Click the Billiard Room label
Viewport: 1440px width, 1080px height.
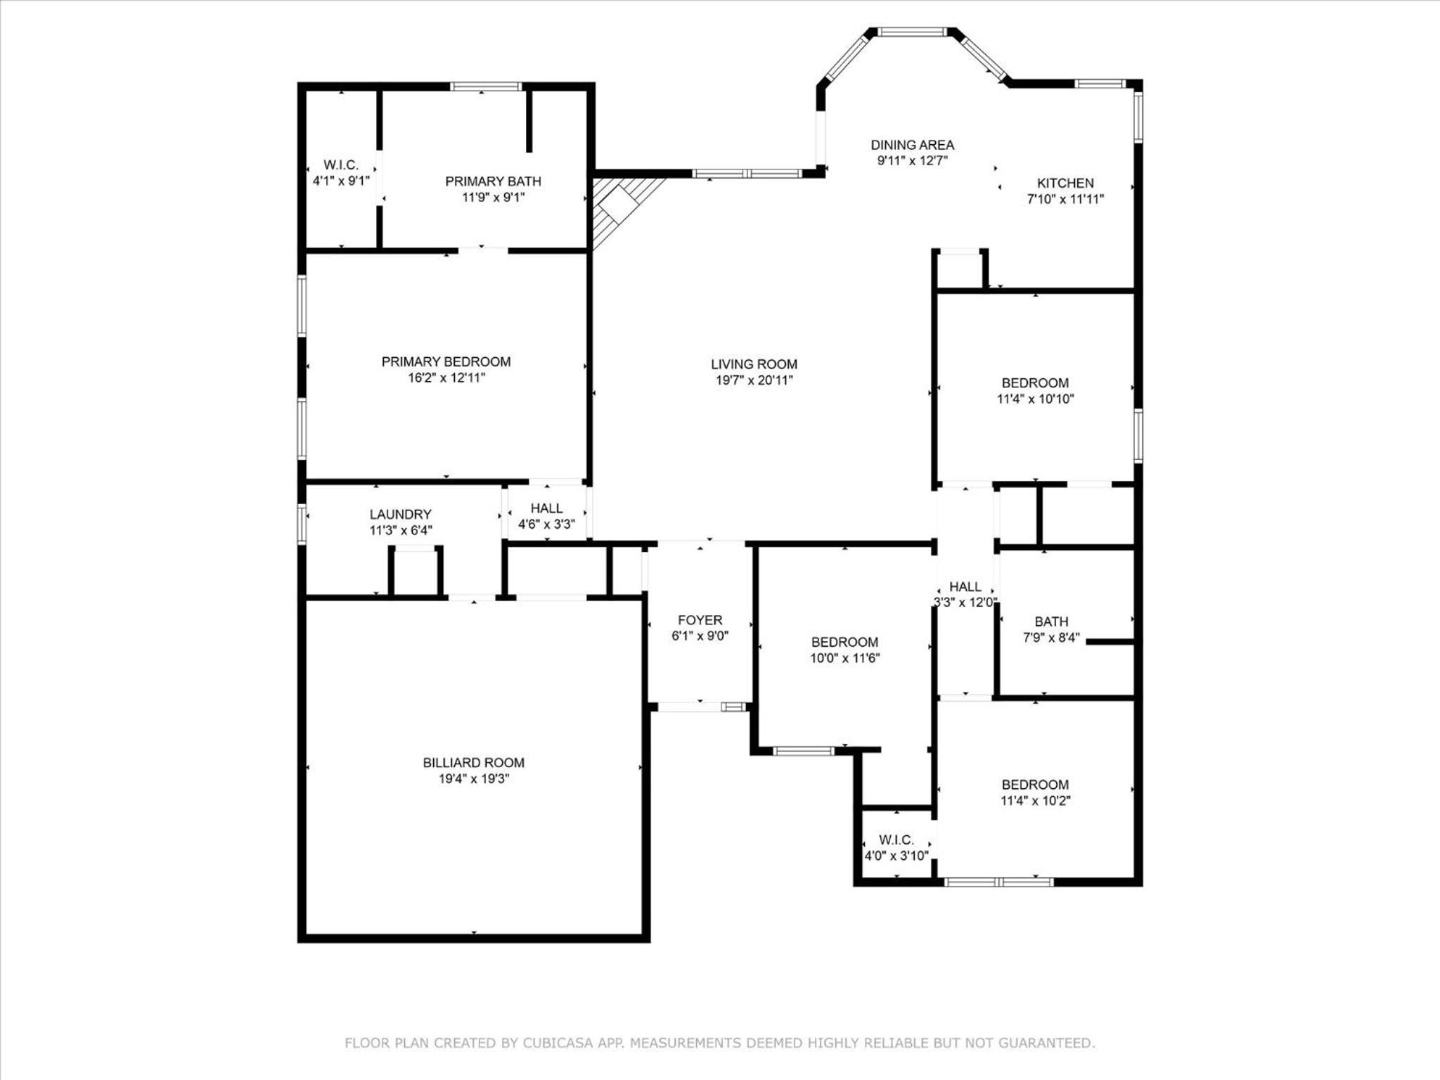click(473, 762)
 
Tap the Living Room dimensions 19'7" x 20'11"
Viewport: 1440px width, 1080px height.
click(754, 380)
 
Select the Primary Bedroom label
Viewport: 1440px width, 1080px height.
click(446, 361)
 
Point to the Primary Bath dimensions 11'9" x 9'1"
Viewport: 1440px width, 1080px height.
click(493, 198)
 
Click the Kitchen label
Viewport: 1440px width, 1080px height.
click(1065, 183)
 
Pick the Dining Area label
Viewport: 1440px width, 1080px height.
click(912, 145)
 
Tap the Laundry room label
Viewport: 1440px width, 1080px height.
click(400, 514)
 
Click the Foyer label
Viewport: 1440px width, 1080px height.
click(700, 620)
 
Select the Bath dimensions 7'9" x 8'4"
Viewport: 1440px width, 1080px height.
click(1051, 638)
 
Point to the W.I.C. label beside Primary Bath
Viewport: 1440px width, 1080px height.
click(341, 165)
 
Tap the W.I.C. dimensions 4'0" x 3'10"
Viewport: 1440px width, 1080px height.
click(896, 856)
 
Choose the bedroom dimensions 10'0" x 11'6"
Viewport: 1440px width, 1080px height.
click(844, 658)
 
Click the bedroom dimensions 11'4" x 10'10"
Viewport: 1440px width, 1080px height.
click(1035, 399)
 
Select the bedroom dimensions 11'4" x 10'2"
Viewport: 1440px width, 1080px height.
click(1035, 800)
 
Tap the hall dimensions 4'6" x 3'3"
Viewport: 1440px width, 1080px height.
click(546, 524)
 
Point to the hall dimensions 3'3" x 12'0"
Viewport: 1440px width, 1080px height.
click(965, 602)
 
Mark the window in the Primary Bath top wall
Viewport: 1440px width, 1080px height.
click(486, 86)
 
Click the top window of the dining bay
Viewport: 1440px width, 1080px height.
click(913, 32)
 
